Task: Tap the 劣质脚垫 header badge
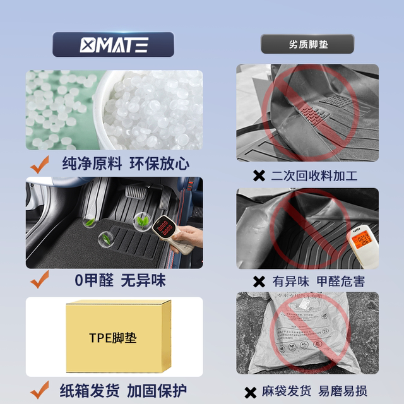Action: (x=307, y=44)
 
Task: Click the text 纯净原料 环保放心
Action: (x=125, y=164)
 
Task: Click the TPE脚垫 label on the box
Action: (x=113, y=338)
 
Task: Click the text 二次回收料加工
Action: (x=314, y=175)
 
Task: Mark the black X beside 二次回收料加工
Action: (x=259, y=175)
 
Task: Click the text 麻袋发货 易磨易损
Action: (x=318, y=390)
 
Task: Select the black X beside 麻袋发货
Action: (x=251, y=390)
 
